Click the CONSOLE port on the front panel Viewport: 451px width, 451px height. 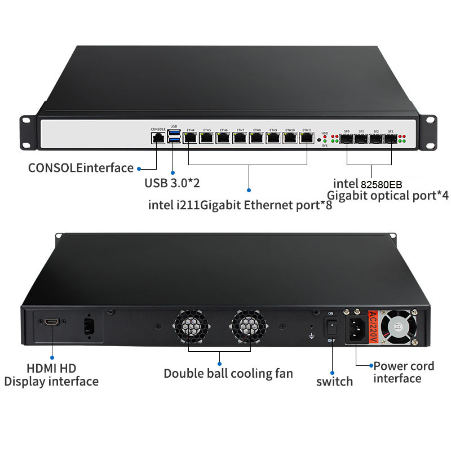click(158, 137)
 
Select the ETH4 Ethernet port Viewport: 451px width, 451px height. click(190, 137)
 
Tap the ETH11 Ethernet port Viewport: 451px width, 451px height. click(307, 137)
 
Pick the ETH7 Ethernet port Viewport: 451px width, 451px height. click(241, 137)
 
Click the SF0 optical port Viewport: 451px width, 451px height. click(347, 138)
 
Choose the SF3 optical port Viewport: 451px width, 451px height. click(390, 138)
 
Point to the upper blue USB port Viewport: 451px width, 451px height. click(174, 133)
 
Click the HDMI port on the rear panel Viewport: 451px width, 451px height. click(52, 322)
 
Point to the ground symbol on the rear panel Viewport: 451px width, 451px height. click(311, 337)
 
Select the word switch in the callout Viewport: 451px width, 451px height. click(334, 381)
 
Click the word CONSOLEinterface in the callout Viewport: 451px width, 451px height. click(81, 167)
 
